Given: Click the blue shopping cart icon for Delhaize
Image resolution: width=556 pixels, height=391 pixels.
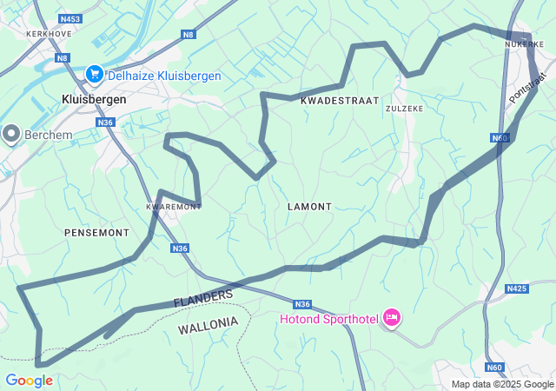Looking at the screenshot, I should tap(94, 75).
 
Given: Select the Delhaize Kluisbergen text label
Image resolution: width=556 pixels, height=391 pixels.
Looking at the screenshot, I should tap(164, 76).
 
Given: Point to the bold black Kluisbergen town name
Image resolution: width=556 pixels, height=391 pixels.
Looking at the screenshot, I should tap(94, 100).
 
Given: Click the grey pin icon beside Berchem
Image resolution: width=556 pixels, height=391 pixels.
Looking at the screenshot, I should tap(11, 134).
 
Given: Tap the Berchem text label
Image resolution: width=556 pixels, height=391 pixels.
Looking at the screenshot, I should tap(50, 136).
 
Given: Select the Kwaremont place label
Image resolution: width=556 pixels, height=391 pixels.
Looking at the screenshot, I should tap(174, 207).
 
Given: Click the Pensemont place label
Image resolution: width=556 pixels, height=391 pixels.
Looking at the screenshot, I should tap(96, 233).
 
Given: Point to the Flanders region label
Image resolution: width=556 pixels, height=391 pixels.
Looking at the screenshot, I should tap(203, 298).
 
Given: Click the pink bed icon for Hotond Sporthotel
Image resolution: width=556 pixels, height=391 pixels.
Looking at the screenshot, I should tap(391, 319).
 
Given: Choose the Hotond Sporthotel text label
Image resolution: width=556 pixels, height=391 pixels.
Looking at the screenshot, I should tap(328, 320).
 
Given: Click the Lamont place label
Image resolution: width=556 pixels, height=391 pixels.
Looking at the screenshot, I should tap(309, 207).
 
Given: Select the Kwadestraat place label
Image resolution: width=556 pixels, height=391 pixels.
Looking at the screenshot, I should tap(340, 102).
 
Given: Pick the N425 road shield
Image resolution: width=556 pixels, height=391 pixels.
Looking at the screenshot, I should tap(517, 288).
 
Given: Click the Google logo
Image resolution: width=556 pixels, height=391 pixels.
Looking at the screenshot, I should tap(29, 381).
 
